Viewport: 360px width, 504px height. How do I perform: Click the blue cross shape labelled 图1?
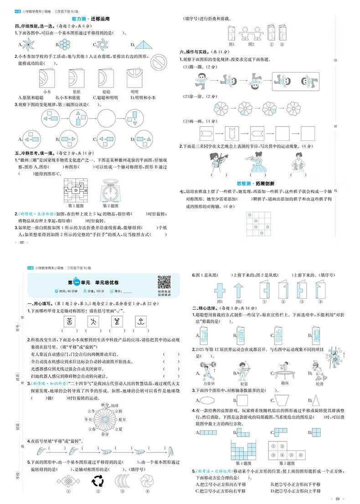pos(220,290)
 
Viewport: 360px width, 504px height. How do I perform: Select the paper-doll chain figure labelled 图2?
pos(251,33)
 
